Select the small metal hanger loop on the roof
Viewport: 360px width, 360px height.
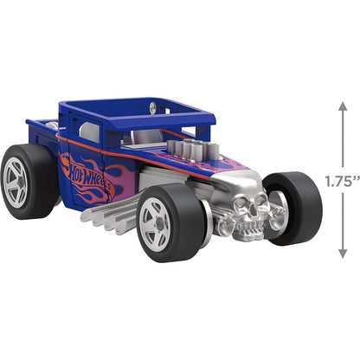pos(153,107)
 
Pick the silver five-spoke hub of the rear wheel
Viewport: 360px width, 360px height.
pos(19,182)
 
